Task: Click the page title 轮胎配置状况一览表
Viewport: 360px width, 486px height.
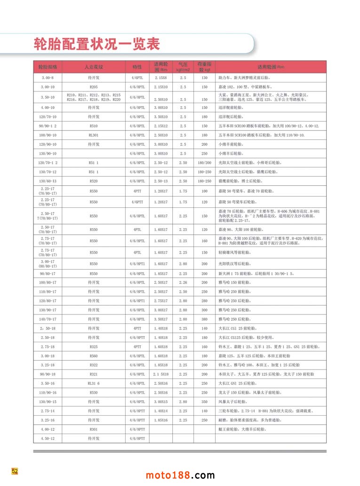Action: pyautogui.click(x=97, y=44)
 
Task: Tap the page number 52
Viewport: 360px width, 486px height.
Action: pyautogui.click(x=15, y=471)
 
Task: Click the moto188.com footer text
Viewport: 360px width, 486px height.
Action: pyautogui.click(x=180, y=475)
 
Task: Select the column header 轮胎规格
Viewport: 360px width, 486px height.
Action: pyautogui.click(x=48, y=66)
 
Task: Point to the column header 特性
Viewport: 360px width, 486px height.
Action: pyautogui.click(x=137, y=66)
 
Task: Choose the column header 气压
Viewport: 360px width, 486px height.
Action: pyautogui.click(x=183, y=66)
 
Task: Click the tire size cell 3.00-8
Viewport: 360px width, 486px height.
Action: pyautogui.click(x=48, y=77)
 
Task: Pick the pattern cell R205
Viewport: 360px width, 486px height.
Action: pyautogui.click(x=94, y=87)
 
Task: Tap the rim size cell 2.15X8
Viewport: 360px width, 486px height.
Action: pyautogui.click(x=161, y=77)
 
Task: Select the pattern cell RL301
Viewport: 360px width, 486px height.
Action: pyautogui.click(x=94, y=135)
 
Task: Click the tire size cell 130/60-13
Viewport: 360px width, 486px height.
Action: pyautogui.click(x=48, y=181)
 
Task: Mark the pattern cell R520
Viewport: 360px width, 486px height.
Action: pyautogui.click(x=94, y=181)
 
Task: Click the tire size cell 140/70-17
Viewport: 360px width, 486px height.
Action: pyautogui.click(x=48, y=319)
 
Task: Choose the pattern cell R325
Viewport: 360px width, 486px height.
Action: pyautogui.click(x=94, y=346)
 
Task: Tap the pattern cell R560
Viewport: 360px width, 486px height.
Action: pyautogui.click(x=94, y=356)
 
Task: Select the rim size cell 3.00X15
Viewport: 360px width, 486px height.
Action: pyautogui.click(x=161, y=402)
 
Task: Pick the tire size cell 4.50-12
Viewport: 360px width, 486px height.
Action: pyautogui.click(x=48, y=438)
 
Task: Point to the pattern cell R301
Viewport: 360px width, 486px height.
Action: pyautogui.click(x=94, y=429)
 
